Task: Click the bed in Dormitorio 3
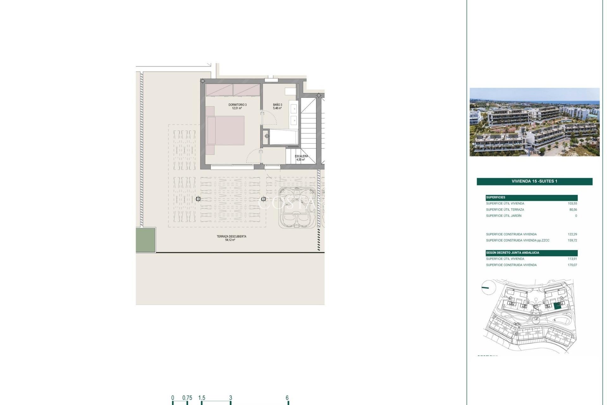225,130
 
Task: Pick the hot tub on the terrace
297,208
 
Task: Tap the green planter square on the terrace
146,240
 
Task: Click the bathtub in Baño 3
283,137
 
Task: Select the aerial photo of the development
534,122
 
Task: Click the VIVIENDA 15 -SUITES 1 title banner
534,181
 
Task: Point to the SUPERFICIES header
496,197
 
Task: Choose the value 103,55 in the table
572,203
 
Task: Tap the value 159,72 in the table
572,240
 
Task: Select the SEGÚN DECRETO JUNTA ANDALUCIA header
512,253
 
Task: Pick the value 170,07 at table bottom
572,265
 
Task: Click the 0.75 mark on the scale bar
187,398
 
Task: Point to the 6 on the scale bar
287,398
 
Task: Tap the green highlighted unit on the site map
557,306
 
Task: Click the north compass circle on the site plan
488,287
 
